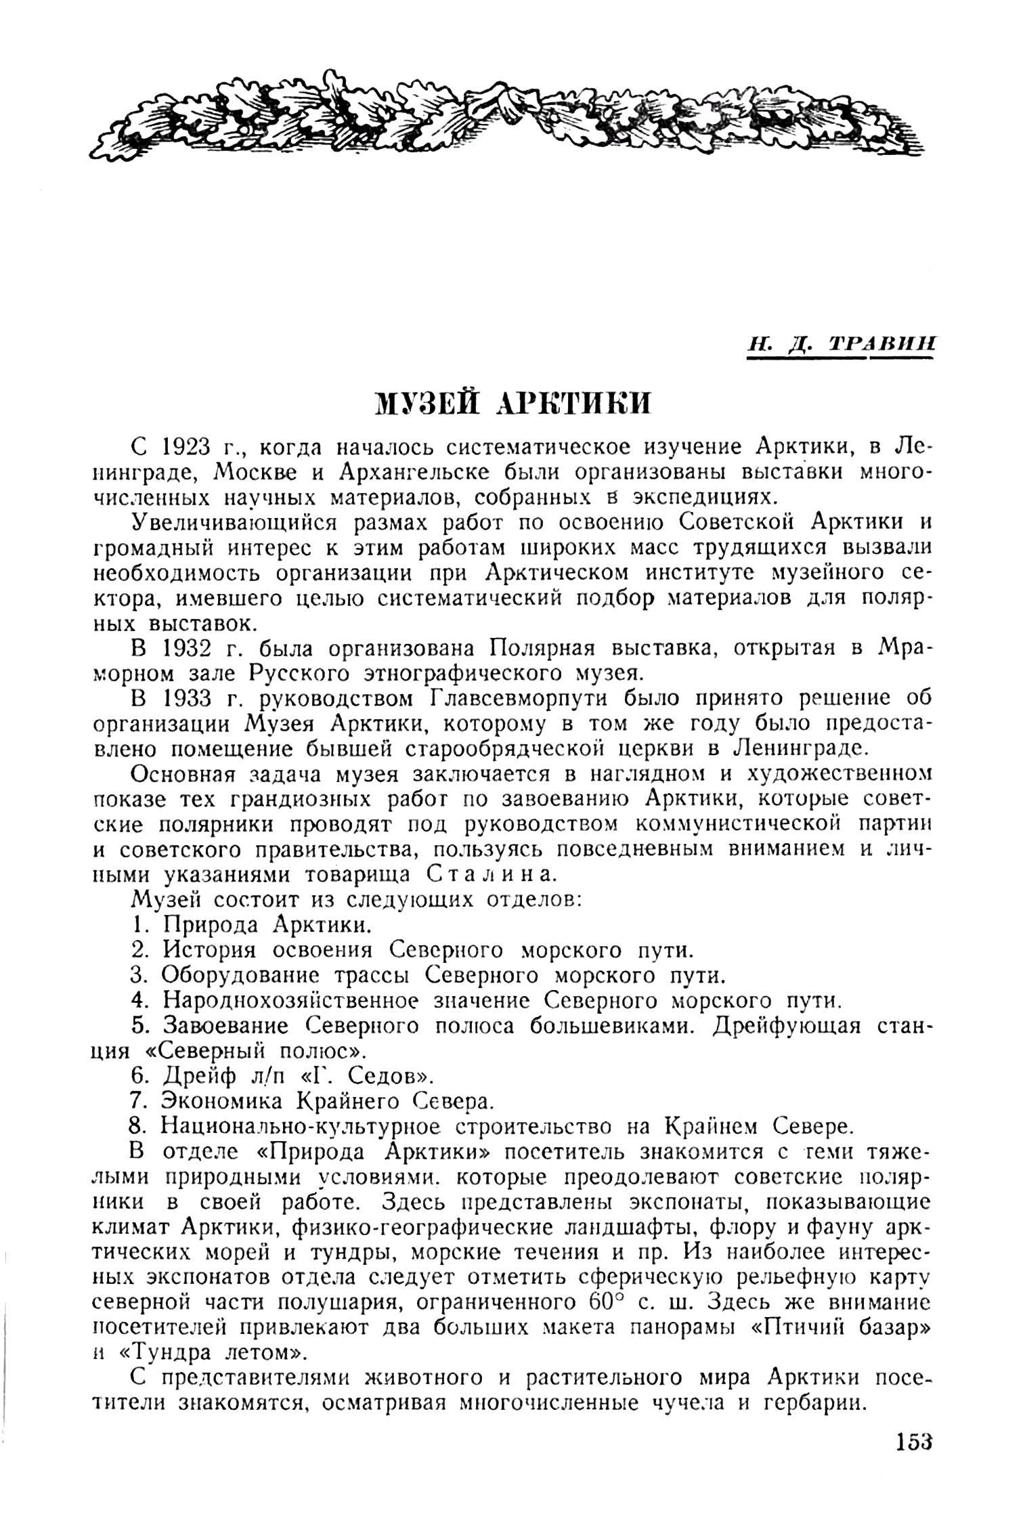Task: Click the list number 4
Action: click(139, 1000)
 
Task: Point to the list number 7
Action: click(139, 1101)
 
